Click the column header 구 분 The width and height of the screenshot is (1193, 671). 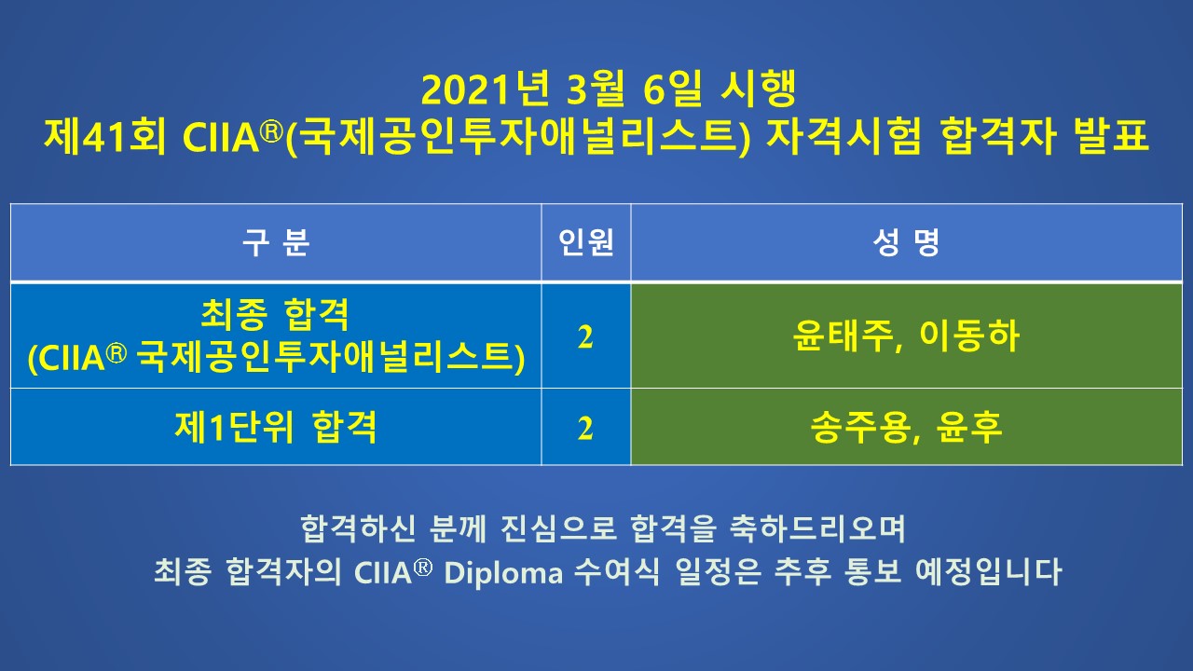275,242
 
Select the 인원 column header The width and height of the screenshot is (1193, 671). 586,242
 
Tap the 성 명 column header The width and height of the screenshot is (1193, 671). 906,242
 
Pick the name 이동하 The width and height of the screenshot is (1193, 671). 969,336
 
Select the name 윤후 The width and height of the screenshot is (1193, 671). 968,427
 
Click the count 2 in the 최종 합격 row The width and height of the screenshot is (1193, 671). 585,337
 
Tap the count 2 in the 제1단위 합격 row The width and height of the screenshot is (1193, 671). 585,428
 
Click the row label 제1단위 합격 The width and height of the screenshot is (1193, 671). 276,427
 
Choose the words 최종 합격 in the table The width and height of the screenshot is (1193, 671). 275,315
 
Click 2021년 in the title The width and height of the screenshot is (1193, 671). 485,89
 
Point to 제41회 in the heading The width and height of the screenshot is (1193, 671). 105,136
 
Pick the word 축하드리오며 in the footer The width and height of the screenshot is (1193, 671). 817,528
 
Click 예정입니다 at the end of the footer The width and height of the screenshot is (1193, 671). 989,572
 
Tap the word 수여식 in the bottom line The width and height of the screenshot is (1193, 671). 617,572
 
